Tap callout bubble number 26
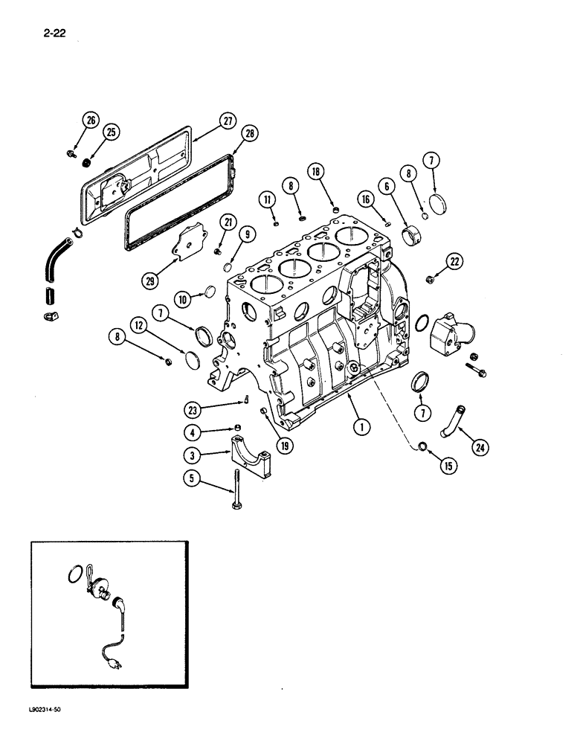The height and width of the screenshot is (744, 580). point(91,121)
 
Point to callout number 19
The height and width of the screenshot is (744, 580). point(286,446)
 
